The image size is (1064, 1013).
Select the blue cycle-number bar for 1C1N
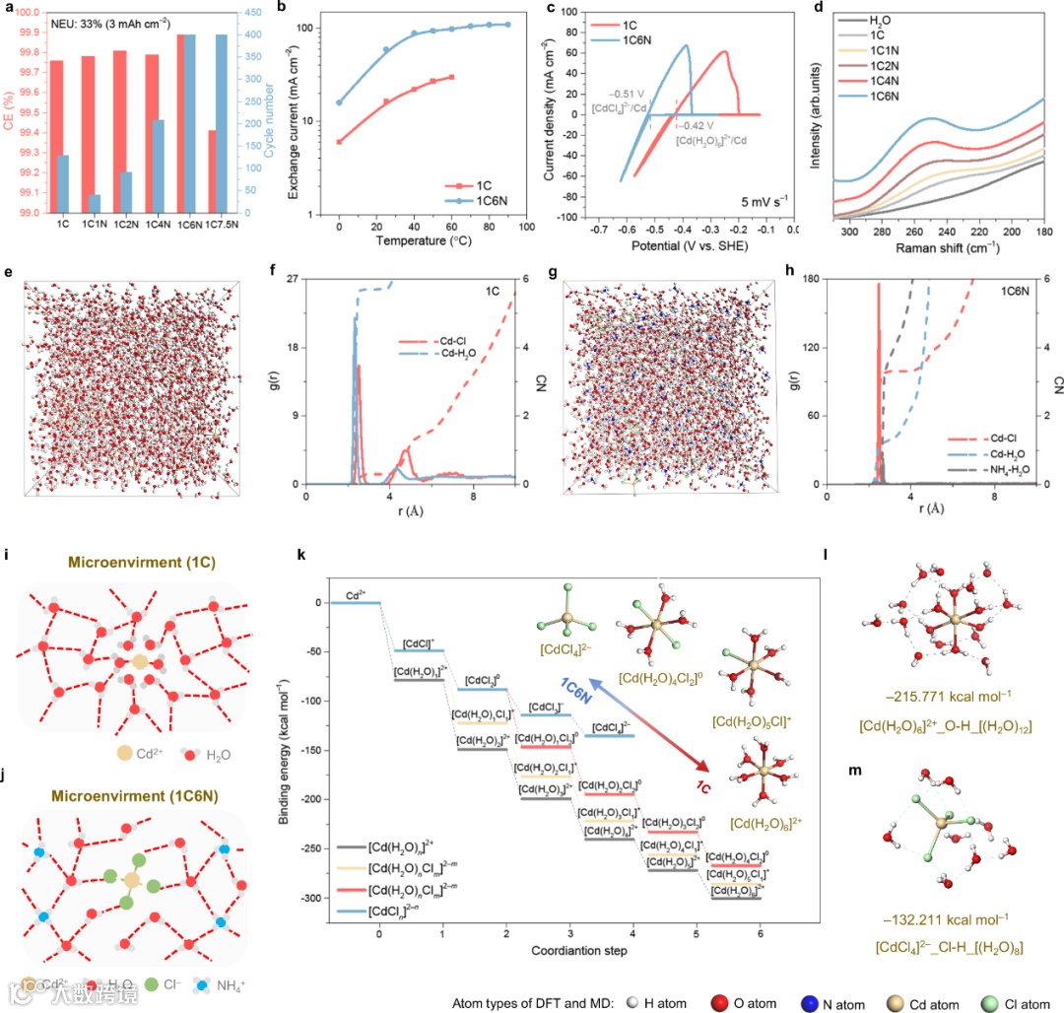pyautogui.click(x=95, y=204)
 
